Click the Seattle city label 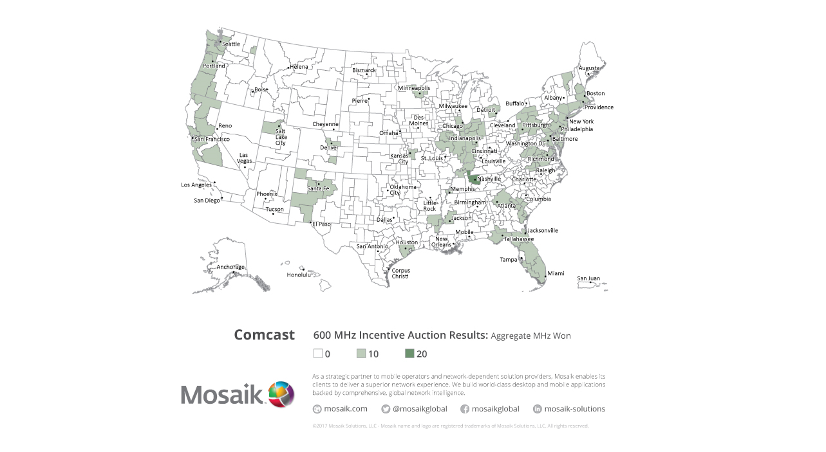(231, 44)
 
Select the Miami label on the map (556, 274)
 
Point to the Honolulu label (299, 275)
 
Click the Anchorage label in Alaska (230, 267)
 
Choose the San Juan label (588, 278)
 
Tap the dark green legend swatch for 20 (409, 354)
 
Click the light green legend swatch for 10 (361, 354)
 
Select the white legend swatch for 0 (318, 354)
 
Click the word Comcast (264, 335)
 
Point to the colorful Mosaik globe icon (281, 394)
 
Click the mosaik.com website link (346, 409)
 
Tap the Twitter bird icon (386, 409)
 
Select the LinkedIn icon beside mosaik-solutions (538, 409)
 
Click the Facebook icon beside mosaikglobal (465, 409)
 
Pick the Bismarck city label (364, 70)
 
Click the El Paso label (321, 224)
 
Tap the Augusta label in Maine (588, 68)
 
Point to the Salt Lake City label (281, 137)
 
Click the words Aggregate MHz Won (530, 336)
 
